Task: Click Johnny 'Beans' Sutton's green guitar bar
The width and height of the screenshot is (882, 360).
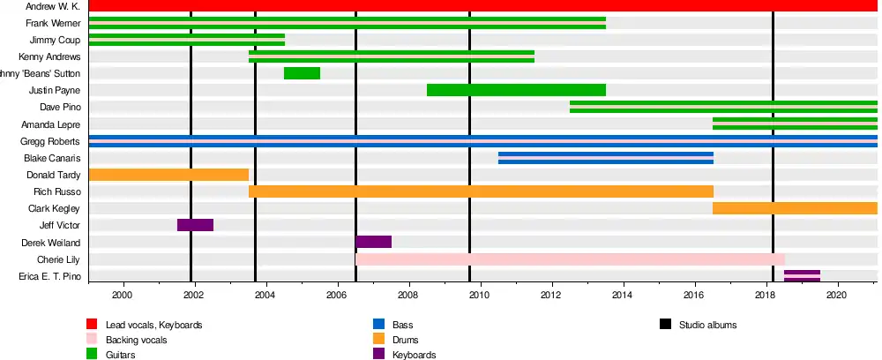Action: (302, 73)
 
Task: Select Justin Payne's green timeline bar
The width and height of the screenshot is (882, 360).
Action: (516, 90)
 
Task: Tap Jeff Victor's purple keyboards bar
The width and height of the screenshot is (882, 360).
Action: (195, 225)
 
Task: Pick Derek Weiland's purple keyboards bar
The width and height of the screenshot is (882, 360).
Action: (374, 242)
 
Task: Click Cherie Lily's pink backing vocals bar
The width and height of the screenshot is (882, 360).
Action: (570, 259)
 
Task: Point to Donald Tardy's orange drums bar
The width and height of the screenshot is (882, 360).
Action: (168, 175)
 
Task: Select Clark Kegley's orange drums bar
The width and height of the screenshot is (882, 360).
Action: (795, 208)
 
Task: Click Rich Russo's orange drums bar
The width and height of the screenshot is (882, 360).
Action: (481, 191)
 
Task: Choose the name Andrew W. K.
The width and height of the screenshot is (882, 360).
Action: (54, 6)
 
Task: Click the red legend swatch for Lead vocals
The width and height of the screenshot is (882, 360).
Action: (92, 325)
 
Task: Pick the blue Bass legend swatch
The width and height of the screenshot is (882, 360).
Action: (378, 325)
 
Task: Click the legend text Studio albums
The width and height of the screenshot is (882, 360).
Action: (707, 325)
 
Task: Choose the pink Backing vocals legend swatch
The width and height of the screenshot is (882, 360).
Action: (92, 340)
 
